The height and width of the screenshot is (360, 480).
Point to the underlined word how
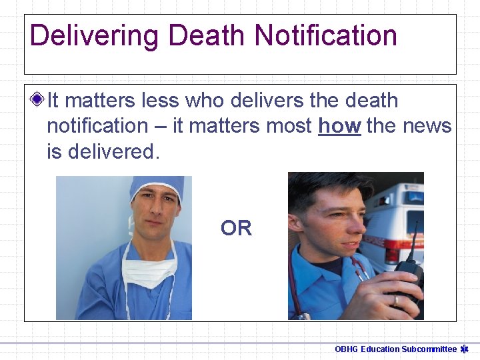pyautogui.click(x=339, y=126)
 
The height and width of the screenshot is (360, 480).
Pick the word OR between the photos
pyautogui.click(x=237, y=229)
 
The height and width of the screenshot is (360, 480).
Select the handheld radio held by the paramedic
pyautogui.click(x=405, y=277)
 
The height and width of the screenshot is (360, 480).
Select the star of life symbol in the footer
pyautogui.click(x=465, y=349)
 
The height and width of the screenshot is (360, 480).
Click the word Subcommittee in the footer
pyautogui.click(x=429, y=349)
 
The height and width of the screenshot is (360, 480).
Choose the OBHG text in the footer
pyautogui.click(x=347, y=349)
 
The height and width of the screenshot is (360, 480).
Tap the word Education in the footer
pyautogui.click(x=380, y=349)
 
